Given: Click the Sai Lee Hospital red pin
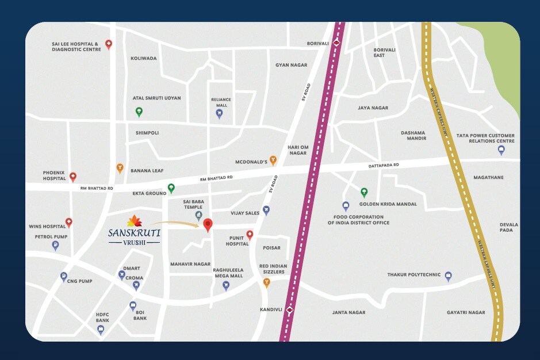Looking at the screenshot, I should tap(108, 44).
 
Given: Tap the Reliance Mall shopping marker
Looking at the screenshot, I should tap(219, 113).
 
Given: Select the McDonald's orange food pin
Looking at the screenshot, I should tap(274, 160).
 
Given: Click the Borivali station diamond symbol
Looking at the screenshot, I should tap(337, 43).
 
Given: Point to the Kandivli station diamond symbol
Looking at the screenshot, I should tap(290, 311).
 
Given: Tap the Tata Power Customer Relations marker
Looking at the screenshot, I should tap(501, 150).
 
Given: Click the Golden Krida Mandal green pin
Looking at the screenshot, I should tap(363, 192).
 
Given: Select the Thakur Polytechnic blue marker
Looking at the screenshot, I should tap(449, 276).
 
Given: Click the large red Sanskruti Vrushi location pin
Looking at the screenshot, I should tap(208, 225).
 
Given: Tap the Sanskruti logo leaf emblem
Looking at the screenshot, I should tap(134, 220).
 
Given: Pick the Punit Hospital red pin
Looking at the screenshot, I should tap(250, 235).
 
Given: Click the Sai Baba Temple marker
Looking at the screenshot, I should tap(199, 216).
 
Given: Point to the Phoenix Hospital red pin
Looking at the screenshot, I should tap(72, 177).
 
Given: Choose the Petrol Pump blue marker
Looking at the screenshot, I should tap(55, 246).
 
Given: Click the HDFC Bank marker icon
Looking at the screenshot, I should tap(101, 330).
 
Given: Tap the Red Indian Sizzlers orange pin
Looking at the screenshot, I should tap(266, 282).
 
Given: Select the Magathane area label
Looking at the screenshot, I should tap(488, 178).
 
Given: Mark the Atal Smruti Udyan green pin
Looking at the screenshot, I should tap(139, 112).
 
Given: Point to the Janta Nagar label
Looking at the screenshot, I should tap(348, 313).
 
